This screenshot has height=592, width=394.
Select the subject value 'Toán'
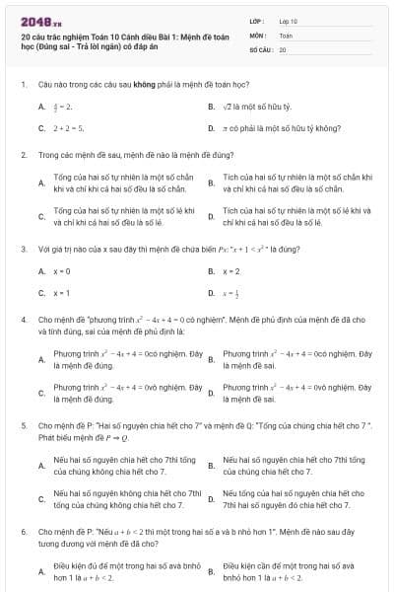286,35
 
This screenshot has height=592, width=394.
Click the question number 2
23,155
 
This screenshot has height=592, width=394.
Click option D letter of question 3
211,293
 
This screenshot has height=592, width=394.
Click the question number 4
23,320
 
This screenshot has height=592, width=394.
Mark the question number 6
23,530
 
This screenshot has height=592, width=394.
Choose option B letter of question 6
211,571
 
